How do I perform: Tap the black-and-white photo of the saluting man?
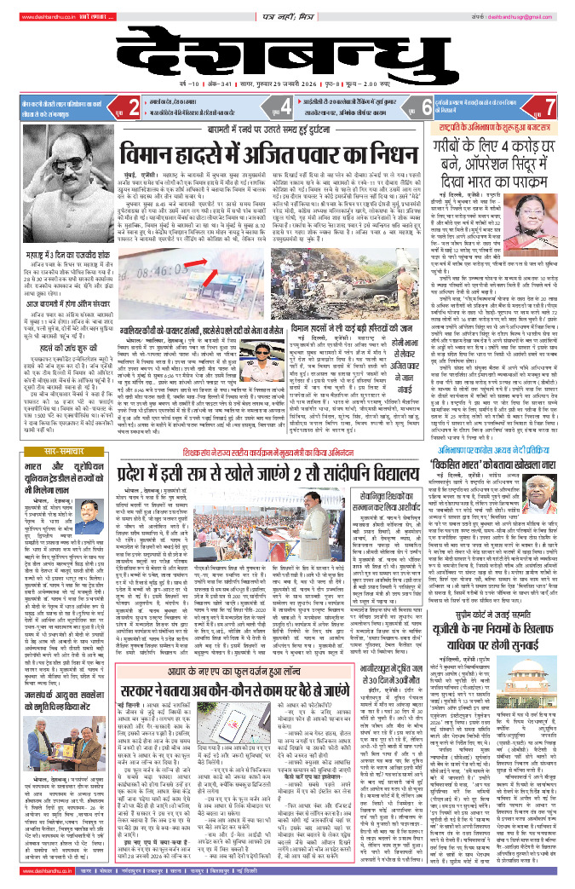click(36, 174)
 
